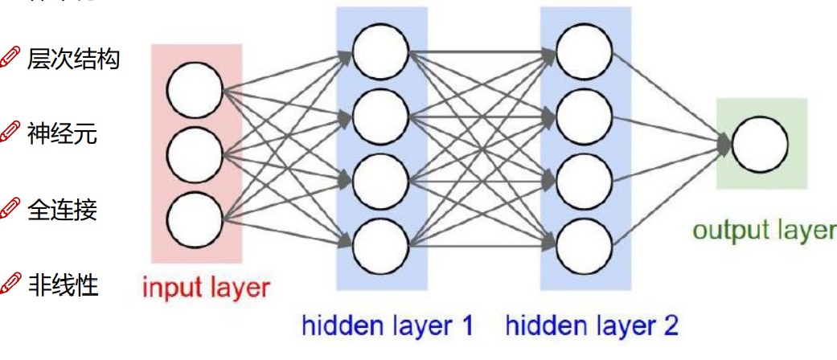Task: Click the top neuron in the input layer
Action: pyautogui.click(x=195, y=88)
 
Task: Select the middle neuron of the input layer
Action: pyautogui.click(x=195, y=153)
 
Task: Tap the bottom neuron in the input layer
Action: pyautogui.click(x=195, y=218)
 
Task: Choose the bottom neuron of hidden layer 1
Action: pyautogui.click(x=380, y=243)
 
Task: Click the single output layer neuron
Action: pyautogui.click(x=760, y=144)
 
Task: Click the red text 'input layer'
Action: pyautogui.click(x=206, y=286)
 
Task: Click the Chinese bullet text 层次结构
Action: pyautogui.click(x=73, y=59)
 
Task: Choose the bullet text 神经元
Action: pyautogui.click(x=62, y=133)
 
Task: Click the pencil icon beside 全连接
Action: pyautogui.click(x=10, y=210)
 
